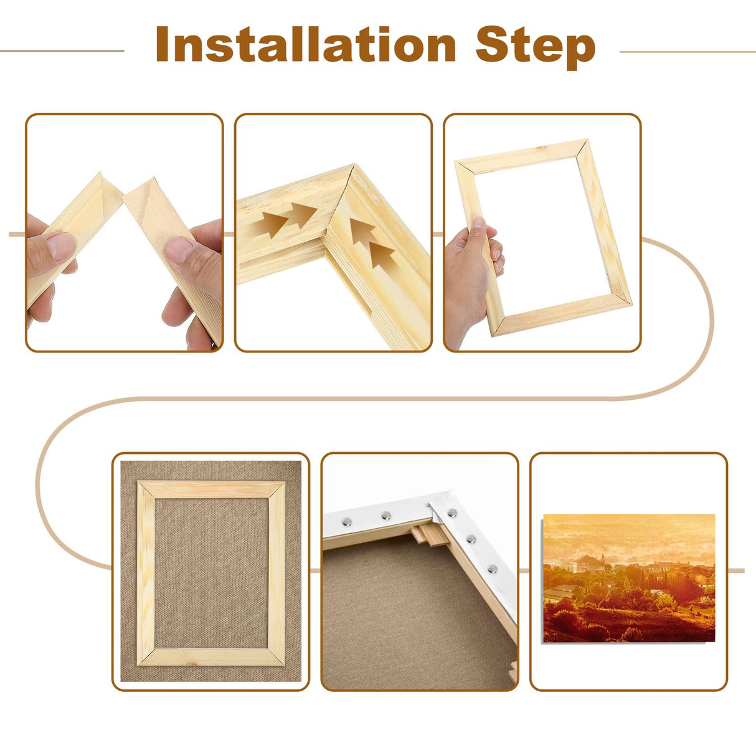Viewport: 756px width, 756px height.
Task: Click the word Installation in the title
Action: point(305,45)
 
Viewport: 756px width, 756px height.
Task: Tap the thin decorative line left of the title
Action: point(62,51)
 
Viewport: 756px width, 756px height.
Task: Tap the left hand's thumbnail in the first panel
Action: point(60,246)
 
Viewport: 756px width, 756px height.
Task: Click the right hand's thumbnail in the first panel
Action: point(179,249)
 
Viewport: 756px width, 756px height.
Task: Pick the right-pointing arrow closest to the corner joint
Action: point(303,215)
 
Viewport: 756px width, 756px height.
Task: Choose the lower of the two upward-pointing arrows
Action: point(382,254)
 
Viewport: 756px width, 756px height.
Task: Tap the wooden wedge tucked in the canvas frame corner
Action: point(430,534)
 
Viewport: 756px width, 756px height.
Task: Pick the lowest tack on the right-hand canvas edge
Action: point(493,569)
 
